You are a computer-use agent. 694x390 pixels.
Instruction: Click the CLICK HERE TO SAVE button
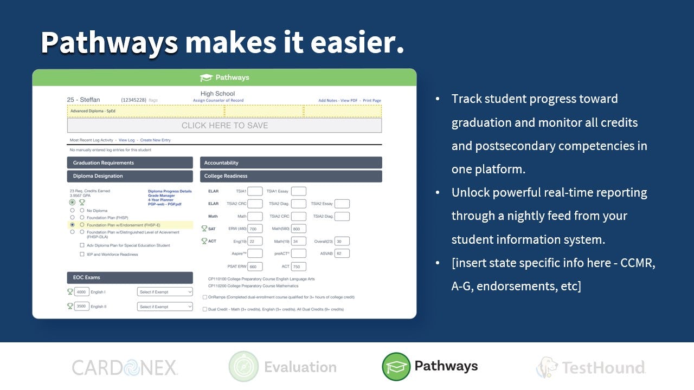point(224,125)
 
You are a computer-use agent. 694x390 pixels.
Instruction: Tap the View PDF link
point(349,100)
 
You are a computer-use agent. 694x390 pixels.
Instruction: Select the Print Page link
point(372,100)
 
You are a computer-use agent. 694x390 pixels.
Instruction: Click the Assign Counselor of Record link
point(218,100)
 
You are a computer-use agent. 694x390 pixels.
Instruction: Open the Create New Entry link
point(155,140)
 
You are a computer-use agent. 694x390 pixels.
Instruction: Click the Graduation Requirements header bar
point(130,162)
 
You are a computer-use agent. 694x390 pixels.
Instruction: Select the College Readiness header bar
point(291,176)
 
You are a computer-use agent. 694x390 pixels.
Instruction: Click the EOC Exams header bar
point(130,277)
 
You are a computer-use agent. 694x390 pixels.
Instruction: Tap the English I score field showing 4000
point(81,292)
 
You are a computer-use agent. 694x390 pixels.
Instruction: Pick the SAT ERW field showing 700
point(255,229)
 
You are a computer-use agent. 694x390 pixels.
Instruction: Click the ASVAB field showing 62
point(342,253)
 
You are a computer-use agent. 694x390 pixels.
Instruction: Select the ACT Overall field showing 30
point(342,241)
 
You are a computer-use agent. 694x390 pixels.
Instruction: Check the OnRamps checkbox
point(204,297)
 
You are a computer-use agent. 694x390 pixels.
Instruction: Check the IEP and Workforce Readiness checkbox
point(82,254)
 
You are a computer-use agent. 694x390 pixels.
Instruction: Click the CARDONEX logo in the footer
point(125,368)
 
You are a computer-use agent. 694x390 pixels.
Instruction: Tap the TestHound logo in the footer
point(591,368)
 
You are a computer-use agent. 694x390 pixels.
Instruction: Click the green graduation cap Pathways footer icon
point(396,367)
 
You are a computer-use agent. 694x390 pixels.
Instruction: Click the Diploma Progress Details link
point(170,191)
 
